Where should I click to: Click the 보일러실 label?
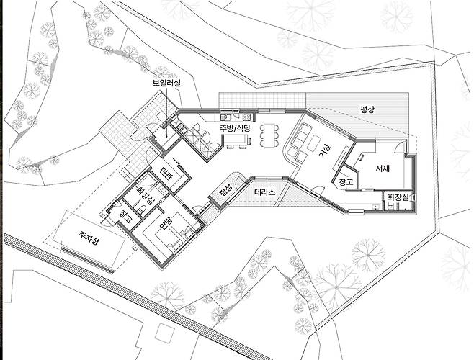pyautogui.click(x=166, y=83)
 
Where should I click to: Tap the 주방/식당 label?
pyautogui.click(x=235, y=128)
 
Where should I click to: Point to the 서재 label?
pyautogui.click(x=383, y=168)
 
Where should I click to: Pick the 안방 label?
pyautogui.click(x=166, y=223)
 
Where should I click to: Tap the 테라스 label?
pyautogui.click(x=265, y=192)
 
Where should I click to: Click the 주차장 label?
pyautogui.click(x=89, y=238)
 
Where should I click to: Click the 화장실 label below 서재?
pyautogui.click(x=398, y=197)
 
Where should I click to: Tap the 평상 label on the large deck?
pyautogui.click(x=367, y=109)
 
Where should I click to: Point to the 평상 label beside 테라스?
pyautogui.click(x=225, y=190)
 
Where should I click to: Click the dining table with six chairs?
pyautogui.click(x=269, y=135)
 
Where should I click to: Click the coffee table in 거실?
pyautogui.click(x=314, y=143)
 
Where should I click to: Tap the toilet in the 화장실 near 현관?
pyautogui.click(x=143, y=209)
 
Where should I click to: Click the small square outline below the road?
pyautogui.click(x=164, y=332)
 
